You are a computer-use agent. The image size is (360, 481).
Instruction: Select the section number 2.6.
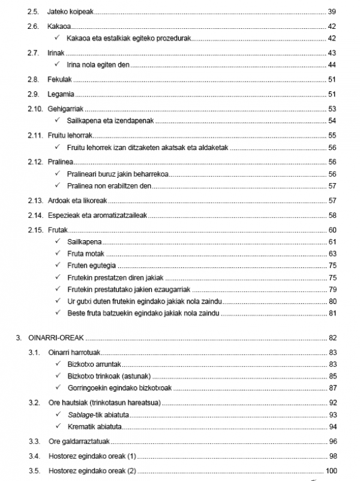tap(34, 27)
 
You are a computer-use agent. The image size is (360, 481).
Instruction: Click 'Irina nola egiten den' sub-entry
tap(98, 64)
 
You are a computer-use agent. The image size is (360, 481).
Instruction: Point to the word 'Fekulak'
tap(59, 80)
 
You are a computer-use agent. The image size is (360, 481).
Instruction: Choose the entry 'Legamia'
tap(60, 94)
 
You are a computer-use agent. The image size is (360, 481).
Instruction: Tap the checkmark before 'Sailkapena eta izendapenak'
tap(58, 121)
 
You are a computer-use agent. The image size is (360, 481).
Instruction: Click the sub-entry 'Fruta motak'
tap(86, 254)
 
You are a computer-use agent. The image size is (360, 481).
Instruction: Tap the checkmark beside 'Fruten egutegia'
tap(58, 265)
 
